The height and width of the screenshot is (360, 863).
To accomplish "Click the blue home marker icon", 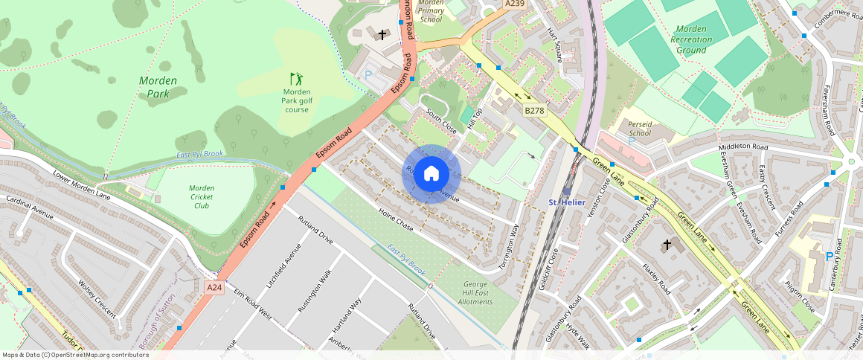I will pos(431,174).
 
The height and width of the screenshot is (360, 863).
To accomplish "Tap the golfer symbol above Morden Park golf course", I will pos(297,78).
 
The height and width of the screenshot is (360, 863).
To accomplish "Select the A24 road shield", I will pos(214,286).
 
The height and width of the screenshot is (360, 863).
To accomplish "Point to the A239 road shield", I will pos(514,4).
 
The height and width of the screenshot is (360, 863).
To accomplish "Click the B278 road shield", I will pos(534,111).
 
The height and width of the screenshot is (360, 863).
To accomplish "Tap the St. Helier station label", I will pos(567,202).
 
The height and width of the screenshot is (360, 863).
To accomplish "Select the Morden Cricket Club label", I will pos(202,196).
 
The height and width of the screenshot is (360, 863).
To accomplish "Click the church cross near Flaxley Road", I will pos(667,245).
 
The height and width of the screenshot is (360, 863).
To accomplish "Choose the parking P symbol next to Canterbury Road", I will pos(830,257).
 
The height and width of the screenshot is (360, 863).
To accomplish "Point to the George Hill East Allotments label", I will pos(475,293).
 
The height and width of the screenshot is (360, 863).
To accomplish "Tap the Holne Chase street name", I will pos(395,219).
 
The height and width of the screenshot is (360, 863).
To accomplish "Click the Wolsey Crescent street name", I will pos(97,299).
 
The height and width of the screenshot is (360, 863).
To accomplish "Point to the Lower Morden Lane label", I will pos(82,186).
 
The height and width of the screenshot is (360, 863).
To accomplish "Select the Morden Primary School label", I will pos(431,10).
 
